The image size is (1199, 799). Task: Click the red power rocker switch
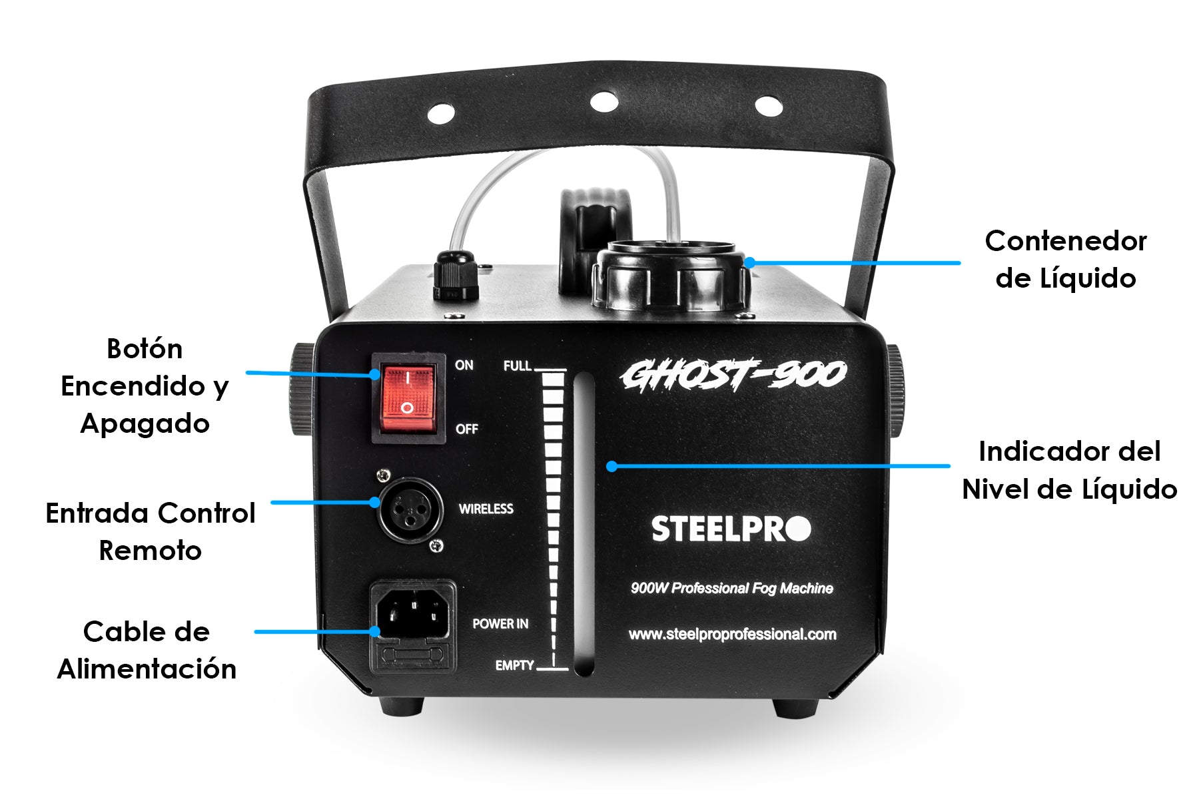(x=408, y=398)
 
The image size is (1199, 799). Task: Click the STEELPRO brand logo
(x=731, y=529)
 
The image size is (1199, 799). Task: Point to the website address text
(x=733, y=635)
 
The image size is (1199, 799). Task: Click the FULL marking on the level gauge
(x=518, y=366)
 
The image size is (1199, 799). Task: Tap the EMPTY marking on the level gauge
(x=514, y=665)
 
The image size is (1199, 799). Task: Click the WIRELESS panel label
(x=486, y=509)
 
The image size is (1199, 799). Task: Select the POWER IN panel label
(x=500, y=624)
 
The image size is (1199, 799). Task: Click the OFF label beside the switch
(x=467, y=429)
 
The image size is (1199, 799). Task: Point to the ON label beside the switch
(x=464, y=365)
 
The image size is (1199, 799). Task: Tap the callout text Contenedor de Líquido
(x=1066, y=260)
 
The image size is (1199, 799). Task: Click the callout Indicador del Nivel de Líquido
(x=1069, y=470)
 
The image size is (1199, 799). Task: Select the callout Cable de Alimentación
(x=147, y=650)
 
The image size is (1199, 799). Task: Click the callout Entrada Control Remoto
(x=151, y=531)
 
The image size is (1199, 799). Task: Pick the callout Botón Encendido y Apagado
(x=145, y=386)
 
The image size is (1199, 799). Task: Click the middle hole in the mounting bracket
(x=604, y=102)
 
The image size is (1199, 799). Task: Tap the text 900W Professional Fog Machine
(x=732, y=588)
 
